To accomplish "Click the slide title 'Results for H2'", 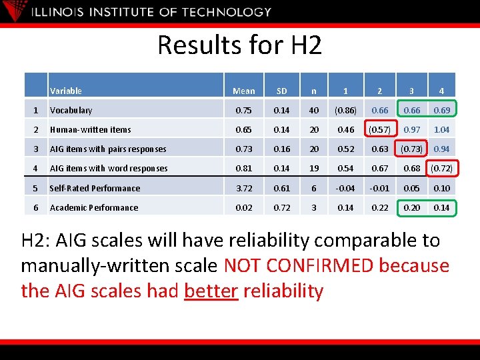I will click(239, 45).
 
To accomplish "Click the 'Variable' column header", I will click(66, 91).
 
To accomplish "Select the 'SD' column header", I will click(281, 91).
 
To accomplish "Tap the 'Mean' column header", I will click(244, 91).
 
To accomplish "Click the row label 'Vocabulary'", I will click(71, 110).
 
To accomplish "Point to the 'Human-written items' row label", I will click(90, 129).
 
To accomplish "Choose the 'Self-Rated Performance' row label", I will click(95, 188).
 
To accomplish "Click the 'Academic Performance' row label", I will click(93, 207).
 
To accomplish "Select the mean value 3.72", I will click(244, 188).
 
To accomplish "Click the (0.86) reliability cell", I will click(345, 110).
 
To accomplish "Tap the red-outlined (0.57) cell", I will click(380, 129).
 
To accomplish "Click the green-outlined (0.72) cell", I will click(441, 168).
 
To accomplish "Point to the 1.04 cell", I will click(441, 129).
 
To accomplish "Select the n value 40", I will click(313, 110).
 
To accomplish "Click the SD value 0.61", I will click(281, 188).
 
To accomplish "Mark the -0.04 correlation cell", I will click(345, 188).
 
